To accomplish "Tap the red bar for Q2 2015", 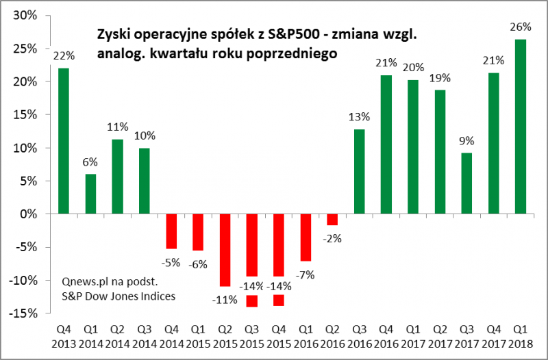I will click(224, 250).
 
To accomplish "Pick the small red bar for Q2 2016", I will click(332, 219).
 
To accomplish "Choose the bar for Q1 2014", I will click(90, 194).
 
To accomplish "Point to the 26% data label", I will click(521, 27).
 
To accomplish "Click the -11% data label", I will click(224, 299).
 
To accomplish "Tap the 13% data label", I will click(358, 116).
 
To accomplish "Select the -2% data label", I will click(332, 238).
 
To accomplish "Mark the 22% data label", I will click(63, 55).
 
